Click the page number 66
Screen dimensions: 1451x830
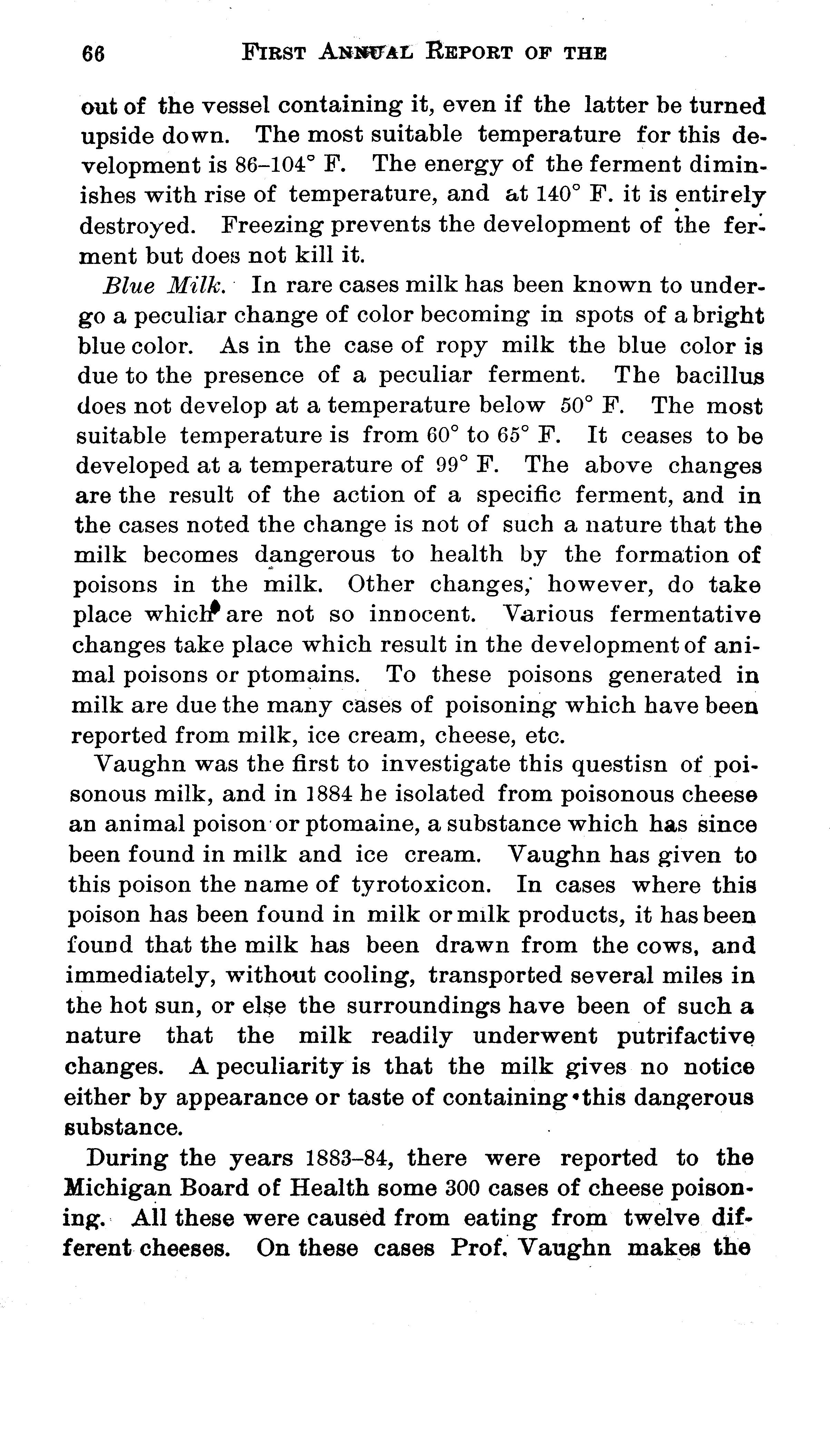click(94, 54)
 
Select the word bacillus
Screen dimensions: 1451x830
click(719, 376)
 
